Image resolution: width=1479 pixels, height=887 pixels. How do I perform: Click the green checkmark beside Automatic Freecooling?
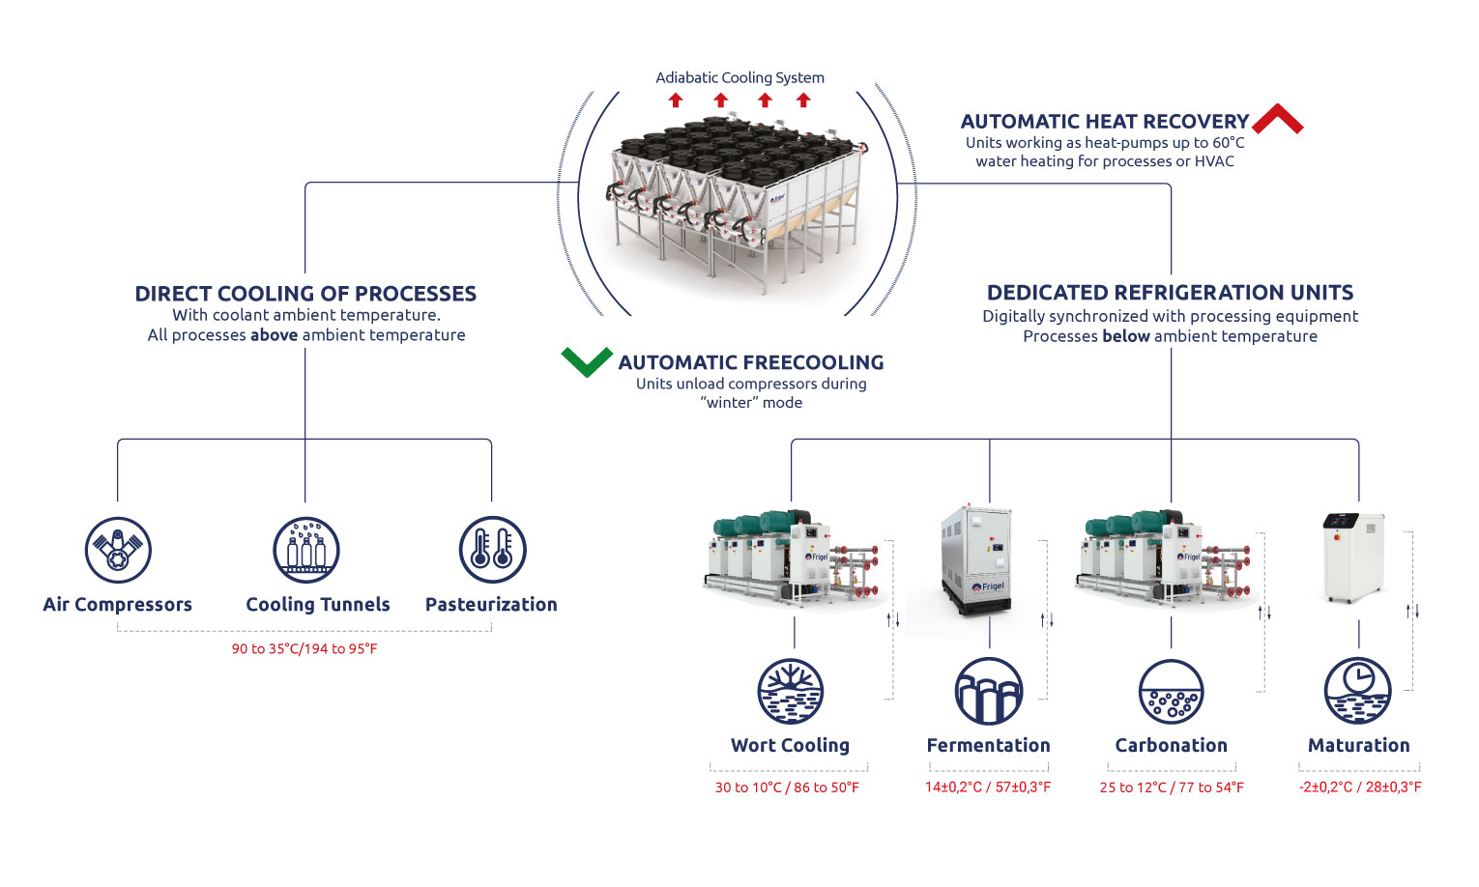[x=586, y=361]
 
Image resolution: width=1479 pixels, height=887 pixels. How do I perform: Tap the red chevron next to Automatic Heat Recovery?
[x=1277, y=119]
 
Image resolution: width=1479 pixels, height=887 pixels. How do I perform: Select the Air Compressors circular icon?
[x=118, y=550]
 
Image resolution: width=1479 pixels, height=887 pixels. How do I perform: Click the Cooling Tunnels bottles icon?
[x=306, y=550]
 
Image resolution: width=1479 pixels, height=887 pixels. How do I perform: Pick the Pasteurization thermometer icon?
[x=492, y=550]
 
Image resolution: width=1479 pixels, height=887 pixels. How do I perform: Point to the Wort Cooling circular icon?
[x=791, y=692]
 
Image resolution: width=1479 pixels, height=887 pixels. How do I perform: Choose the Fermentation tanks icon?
[x=988, y=692]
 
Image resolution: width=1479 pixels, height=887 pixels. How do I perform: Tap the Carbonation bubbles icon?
[x=1172, y=692]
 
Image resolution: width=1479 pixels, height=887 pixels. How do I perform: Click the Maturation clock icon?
[x=1357, y=692]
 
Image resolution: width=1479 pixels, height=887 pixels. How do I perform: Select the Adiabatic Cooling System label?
[x=739, y=77]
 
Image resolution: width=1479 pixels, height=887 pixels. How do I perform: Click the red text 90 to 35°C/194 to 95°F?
[x=304, y=649]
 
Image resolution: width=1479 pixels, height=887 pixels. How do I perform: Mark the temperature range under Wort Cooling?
[x=787, y=787]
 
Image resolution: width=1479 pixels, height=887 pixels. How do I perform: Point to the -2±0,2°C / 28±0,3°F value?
[x=1360, y=787]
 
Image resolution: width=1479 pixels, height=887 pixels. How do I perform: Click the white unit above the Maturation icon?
[x=1353, y=558]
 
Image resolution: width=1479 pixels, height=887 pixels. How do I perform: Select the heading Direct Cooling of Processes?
[x=305, y=294]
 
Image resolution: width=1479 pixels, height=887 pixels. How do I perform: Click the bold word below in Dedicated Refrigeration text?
[x=1126, y=336]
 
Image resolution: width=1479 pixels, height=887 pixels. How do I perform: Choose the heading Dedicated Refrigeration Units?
[x=1170, y=293]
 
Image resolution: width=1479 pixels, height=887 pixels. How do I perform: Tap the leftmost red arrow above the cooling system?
[x=676, y=100]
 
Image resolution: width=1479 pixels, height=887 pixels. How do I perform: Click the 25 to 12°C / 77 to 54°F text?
[x=1172, y=787]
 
